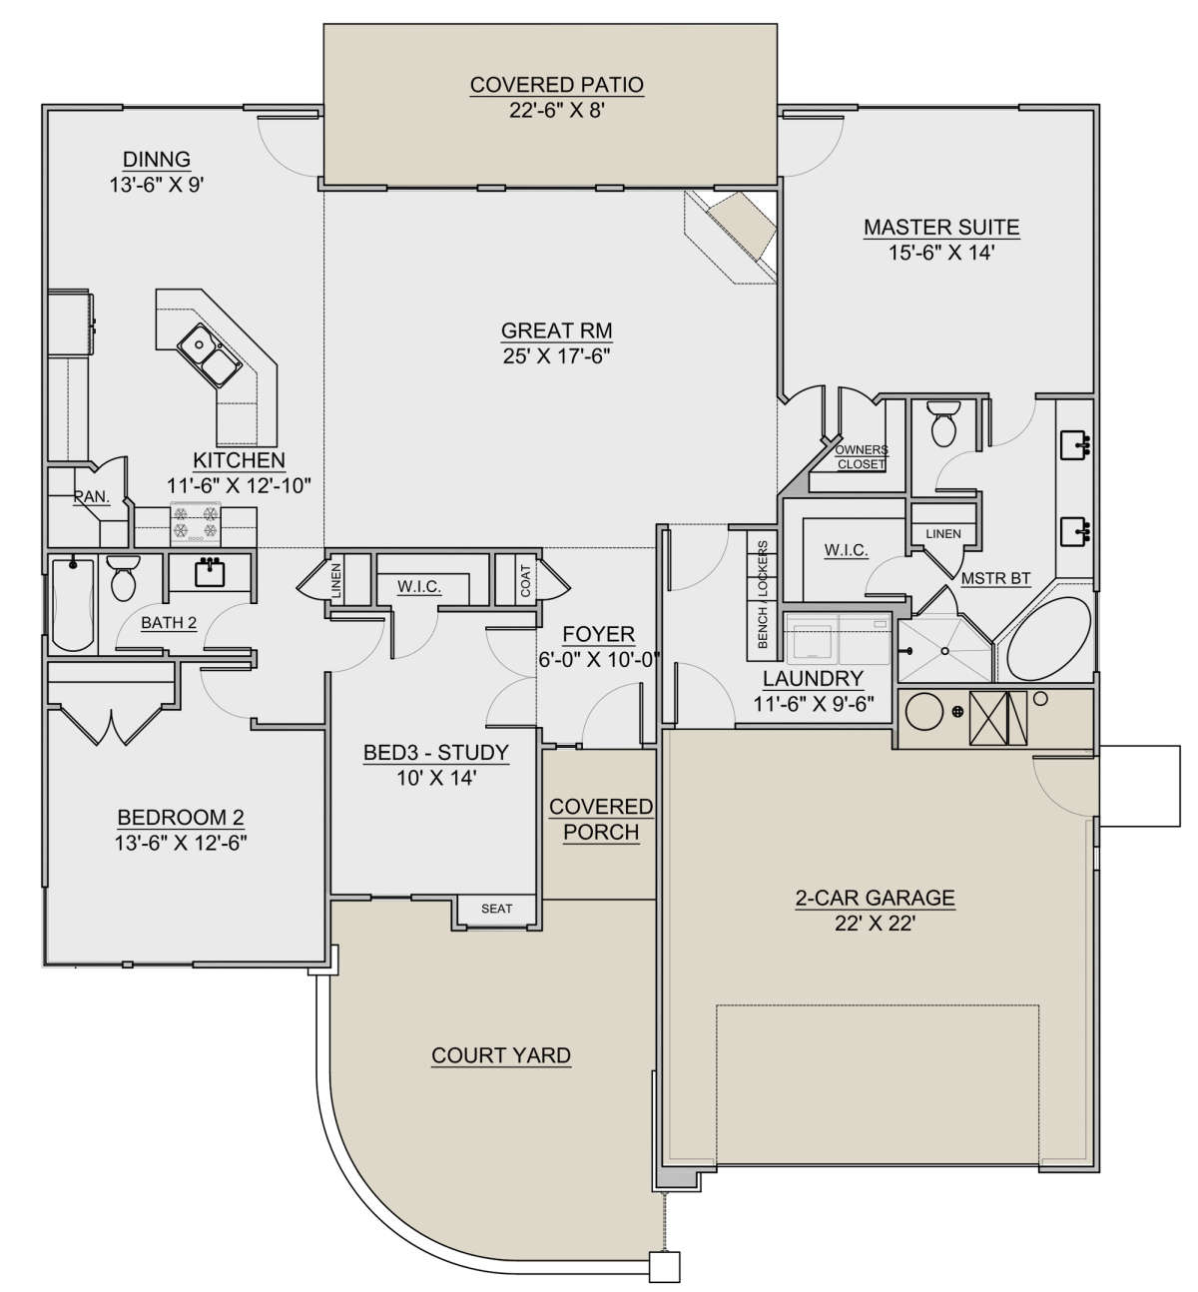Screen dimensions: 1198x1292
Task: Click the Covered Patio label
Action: (x=556, y=85)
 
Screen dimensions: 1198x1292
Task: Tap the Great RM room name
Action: (x=556, y=330)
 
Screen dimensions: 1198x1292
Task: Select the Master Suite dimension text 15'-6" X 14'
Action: (x=941, y=253)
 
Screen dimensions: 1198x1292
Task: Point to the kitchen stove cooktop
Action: (x=196, y=523)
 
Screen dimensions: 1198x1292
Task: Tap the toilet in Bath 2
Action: (x=123, y=577)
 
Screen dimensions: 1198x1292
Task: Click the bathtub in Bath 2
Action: (x=72, y=604)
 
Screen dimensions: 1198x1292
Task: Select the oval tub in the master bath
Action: (x=1047, y=639)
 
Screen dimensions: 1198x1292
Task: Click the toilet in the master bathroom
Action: (x=942, y=423)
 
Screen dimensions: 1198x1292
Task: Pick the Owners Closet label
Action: (x=861, y=456)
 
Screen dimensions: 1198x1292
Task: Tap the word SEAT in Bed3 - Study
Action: (x=496, y=909)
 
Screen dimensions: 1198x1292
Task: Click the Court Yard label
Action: (x=501, y=1055)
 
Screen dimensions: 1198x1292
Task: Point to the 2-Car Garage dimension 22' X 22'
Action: (x=876, y=924)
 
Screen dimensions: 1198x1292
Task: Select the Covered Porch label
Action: (x=601, y=819)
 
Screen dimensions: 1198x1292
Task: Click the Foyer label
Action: (x=599, y=634)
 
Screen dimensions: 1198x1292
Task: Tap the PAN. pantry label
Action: (x=92, y=496)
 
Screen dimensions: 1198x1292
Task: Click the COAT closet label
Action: (x=526, y=580)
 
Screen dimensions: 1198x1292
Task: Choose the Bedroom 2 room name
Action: (x=181, y=817)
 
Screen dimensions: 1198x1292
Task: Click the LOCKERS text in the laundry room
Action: (x=763, y=568)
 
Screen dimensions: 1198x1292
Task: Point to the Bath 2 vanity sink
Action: (x=211, y=572)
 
